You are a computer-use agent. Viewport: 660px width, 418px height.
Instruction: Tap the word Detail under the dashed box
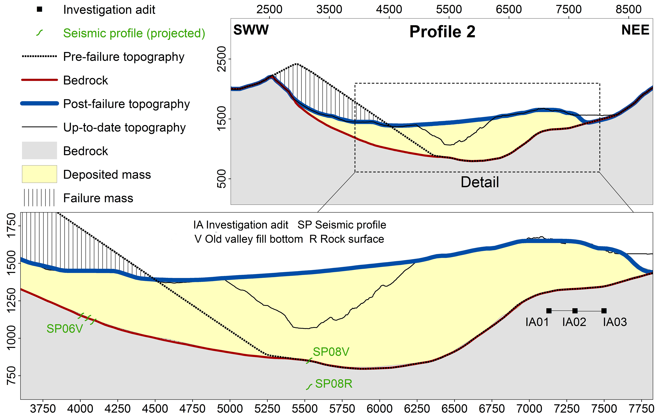click(x=480, y=182)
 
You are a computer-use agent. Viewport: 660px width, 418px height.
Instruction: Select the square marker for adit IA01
click(x=549, y=311)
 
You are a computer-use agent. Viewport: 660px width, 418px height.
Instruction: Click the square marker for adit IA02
click(x=575, y=311)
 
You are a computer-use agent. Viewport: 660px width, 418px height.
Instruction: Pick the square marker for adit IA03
click(x=604, y=311)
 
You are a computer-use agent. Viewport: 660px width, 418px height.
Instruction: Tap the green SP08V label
click(x=331, y=352)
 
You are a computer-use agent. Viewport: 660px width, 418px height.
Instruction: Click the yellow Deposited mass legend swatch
click(x=39, y=174)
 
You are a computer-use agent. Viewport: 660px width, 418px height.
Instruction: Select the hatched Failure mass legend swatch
click(x=39, y=198)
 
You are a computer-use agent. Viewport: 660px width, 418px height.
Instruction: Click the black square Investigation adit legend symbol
click(x=39, y=9)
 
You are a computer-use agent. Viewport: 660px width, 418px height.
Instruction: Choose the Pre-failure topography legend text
click(x=124, y=57)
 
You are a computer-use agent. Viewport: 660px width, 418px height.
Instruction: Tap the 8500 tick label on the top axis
click(x=628, y=9)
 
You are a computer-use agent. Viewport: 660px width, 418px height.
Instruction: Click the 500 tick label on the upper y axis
click(x=221, y=179)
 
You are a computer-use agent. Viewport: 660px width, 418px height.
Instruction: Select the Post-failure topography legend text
click(x=126, y=104)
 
